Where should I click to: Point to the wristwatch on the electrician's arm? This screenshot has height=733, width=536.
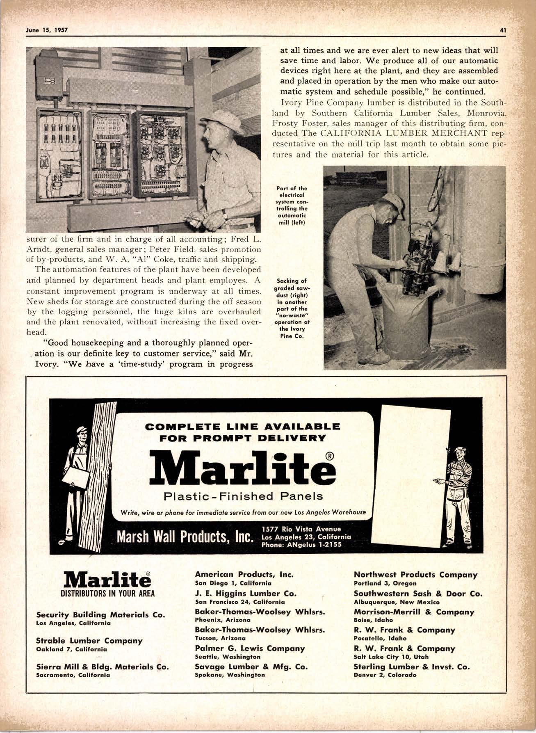coord(225,213)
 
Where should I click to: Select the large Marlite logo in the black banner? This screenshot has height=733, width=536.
coord(242,468)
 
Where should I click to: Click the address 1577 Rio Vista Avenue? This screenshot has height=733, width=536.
coord(301,529)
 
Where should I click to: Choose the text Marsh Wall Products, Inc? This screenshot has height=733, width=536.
coord(184,537)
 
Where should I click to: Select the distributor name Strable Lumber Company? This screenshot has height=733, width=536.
coord(89,640)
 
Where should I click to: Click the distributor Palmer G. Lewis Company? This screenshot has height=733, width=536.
coord(250,648)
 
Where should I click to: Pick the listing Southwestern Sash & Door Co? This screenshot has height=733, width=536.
coord(418,593)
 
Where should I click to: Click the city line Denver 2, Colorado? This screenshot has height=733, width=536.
coord(385,675)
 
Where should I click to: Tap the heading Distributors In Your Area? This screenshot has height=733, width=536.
coord(107,594)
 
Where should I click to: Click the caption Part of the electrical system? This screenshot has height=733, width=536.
coord(292,205)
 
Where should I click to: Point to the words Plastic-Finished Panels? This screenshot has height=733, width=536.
coord(243,496)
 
